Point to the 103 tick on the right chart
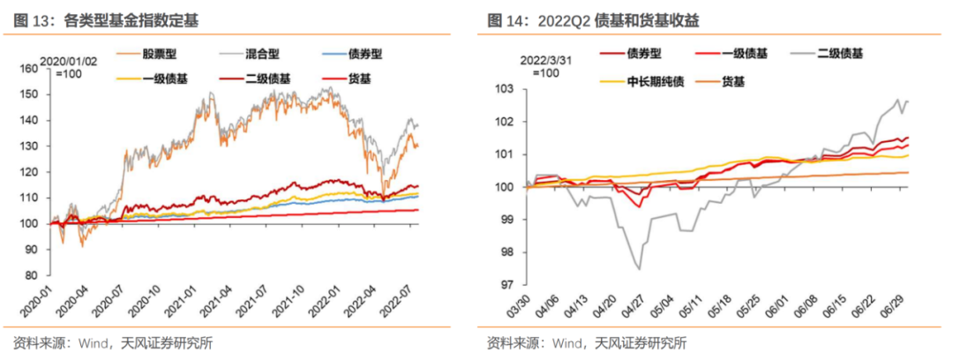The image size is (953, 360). [x=499, y=89]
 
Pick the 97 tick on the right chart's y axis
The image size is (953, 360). [x=502, y=285]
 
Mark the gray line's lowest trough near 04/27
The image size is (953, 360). [x=638, y=268]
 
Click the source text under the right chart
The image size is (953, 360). [x=586, y=343]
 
